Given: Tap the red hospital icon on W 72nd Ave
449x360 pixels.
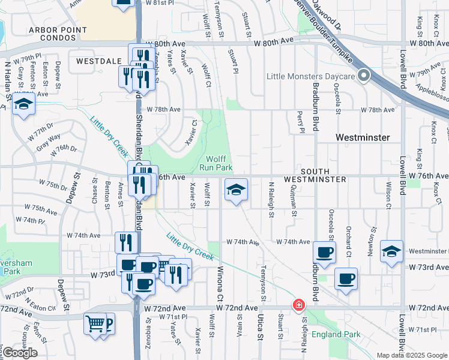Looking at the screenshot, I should [298, 305].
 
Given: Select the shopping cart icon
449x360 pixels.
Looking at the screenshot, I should [95, 323].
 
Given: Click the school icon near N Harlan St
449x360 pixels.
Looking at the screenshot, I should [23, 104].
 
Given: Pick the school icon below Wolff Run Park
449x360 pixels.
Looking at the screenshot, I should [236, 190].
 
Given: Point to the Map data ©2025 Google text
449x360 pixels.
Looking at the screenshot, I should [412, 355].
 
